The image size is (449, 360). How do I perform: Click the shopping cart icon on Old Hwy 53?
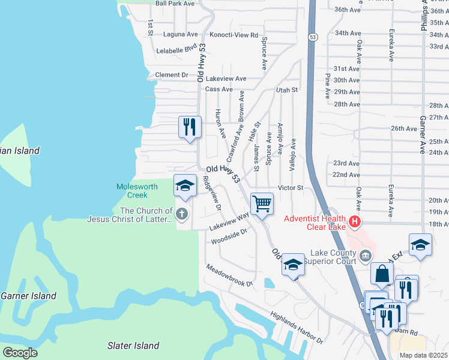262,204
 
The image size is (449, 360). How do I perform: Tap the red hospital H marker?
355,223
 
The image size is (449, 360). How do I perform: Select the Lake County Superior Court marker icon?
365,258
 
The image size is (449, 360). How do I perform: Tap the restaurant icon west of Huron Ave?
190,127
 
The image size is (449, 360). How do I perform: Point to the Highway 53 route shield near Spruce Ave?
313,37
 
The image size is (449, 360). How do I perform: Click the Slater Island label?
133,346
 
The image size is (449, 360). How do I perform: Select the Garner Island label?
28,296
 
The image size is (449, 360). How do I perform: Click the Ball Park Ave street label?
175,4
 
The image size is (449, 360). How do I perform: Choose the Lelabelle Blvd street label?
176,50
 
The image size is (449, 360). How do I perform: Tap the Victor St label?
291,188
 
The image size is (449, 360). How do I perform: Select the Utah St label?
286,90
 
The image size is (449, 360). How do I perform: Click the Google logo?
20,352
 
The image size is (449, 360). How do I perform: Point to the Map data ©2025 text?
423,355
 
